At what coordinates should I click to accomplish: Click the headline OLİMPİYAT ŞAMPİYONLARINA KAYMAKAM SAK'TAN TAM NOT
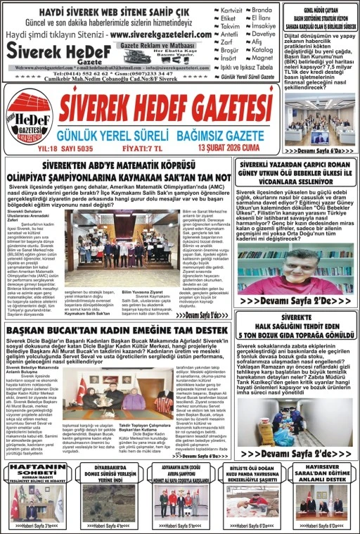[116, 173]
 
